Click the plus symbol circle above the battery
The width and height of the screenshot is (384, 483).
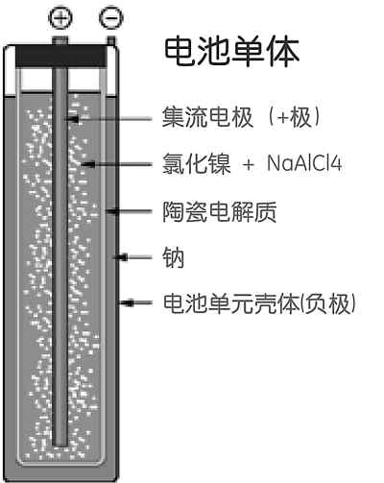(60, 17)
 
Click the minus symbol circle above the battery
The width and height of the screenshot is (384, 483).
(111, 17)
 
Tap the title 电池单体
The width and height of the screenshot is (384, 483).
(231, 52)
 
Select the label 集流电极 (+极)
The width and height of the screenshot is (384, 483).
(241, 117)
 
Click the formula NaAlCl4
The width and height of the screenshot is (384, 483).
(304, 163)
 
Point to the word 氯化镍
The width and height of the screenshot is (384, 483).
(197, 163)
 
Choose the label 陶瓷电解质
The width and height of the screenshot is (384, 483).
(220, 211)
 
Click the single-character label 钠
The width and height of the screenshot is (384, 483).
(173, 257)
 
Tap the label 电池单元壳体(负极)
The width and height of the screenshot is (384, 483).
(259, 303)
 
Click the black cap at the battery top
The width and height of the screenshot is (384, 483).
(60, 56)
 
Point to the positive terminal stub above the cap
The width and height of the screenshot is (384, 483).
(60, 40)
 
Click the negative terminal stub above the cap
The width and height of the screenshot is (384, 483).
(111, 40)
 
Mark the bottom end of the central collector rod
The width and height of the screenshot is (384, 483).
(60, 445)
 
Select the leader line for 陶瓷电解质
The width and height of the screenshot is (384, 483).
(129, 211)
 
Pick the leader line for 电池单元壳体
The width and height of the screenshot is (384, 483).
(135, 302)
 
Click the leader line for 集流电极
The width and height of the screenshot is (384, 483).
(108, 119)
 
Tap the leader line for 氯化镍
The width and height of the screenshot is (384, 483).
(116, 164)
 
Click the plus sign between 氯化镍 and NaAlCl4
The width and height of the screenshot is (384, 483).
(249, 165)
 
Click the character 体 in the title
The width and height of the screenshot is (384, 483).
(284, 52)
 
